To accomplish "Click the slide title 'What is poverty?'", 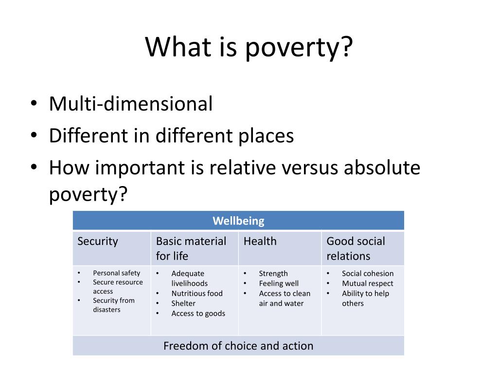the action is tap(249, 47).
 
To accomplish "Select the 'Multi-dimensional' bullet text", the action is tap(131, 104).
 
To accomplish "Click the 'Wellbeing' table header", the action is tap(238, 221).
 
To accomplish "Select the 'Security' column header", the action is tap(98, 241).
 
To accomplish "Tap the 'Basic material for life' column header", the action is tap(191, 248).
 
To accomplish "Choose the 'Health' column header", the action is tap(260, 241).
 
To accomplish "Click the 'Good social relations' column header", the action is tap(356, 248).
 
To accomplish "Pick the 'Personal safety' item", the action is tap(117, 273).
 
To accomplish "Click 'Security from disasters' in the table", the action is tap(114, 305).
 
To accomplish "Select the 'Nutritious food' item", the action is tap(197, 293).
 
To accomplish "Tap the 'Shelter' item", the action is tap(183, 303).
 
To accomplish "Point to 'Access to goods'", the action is tap(198, 314).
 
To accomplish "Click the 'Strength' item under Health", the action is tap(273, 274).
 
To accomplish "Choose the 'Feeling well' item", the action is tap(279, 283).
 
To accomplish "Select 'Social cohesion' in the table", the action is tap(368, 274).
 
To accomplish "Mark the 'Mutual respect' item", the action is tap(368, 283).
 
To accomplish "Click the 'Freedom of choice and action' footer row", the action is tap(238, 346).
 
